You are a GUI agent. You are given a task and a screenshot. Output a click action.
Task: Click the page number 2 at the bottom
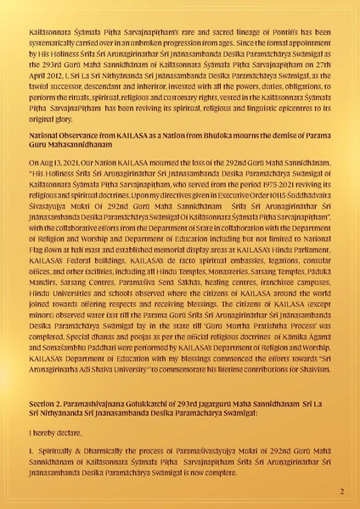click(340, 491)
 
